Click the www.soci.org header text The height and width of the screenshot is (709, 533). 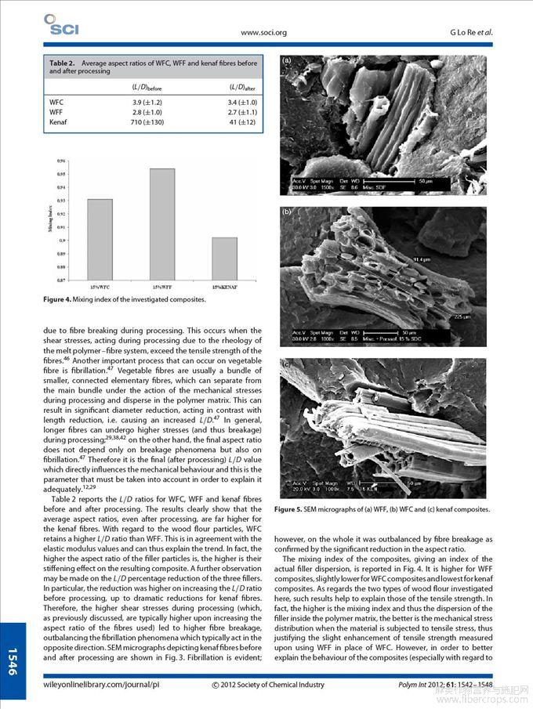point(263,32)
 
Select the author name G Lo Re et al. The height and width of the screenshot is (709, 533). point(476,32)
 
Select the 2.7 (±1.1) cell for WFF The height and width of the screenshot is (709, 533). point(241,113)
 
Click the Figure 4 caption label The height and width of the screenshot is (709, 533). point(61,299)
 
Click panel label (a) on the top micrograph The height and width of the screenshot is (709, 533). point(287,60)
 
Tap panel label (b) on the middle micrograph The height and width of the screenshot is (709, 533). point(287,212)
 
